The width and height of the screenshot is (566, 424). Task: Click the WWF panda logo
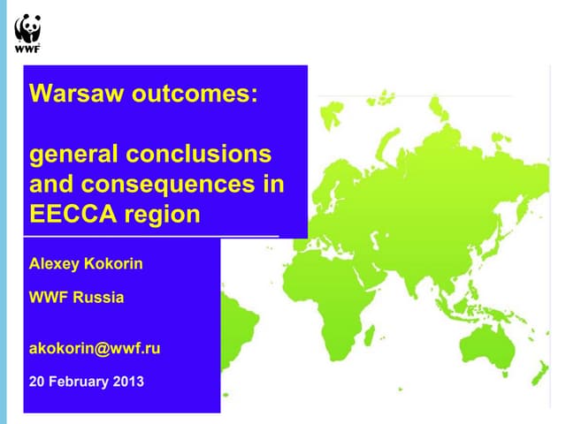pyautogui.click(x=27, y=34)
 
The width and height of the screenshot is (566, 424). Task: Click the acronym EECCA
pyautogui.click(x=68, y=214)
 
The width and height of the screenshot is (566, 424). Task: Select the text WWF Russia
pyautogui.click(x=77, y=298)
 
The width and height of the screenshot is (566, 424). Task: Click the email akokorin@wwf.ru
pyautogui.click(x=95, y=348)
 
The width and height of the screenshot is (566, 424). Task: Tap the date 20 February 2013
pyautogui.click(x=86, y=382)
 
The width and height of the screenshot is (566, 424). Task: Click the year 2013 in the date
pyautogui.click(x=128, y=382)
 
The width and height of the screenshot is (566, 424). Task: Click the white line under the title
pyautogui.click(x=150, y=237)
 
